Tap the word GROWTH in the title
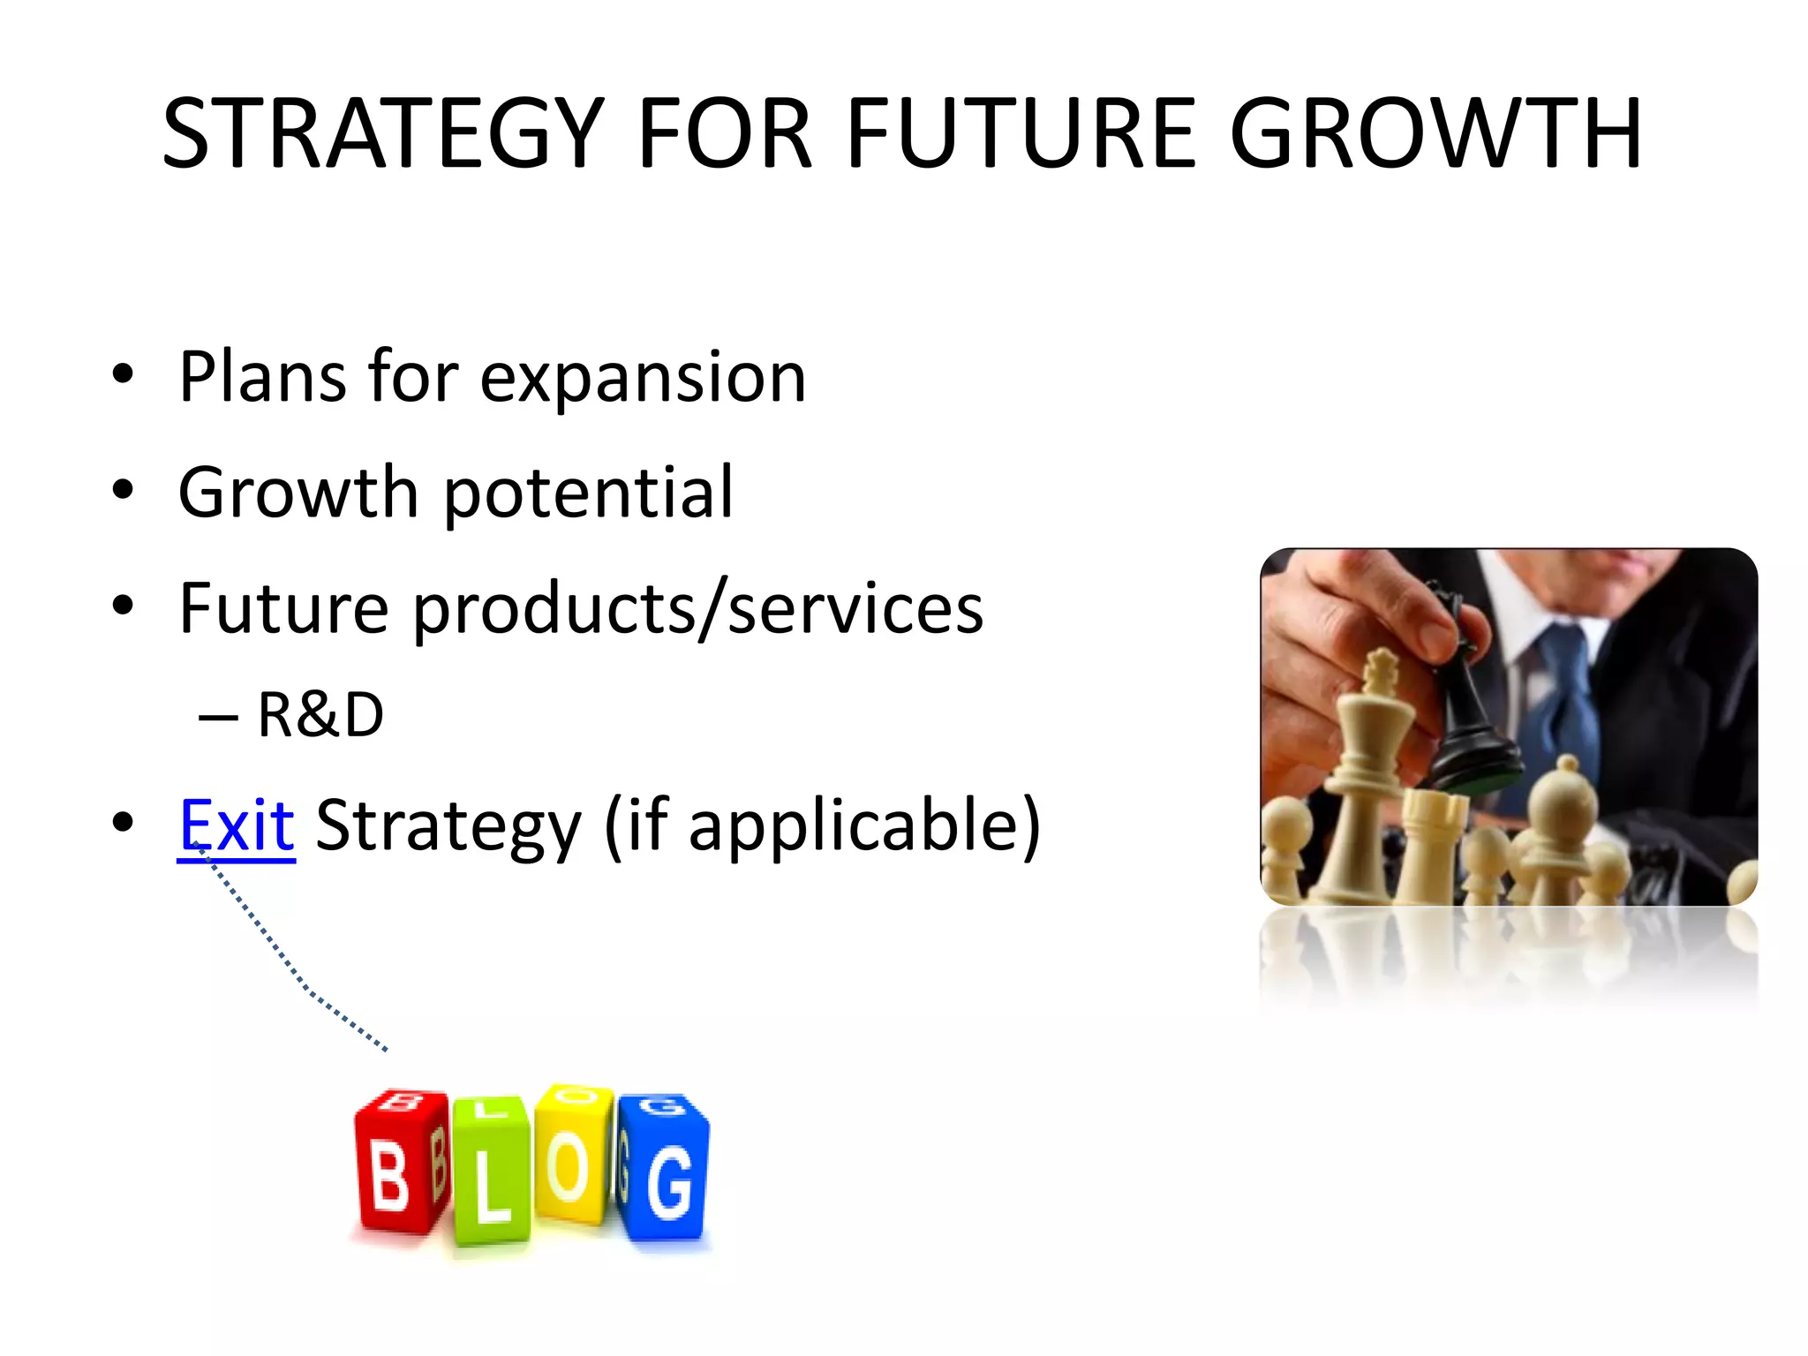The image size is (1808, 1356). [1435, 134]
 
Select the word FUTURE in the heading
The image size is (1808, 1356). [1021, 134]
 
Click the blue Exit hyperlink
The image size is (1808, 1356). [237, 825]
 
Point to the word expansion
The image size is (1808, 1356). [643, 378]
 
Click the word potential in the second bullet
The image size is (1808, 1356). [587, 493]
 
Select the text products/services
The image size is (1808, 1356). [697, 609]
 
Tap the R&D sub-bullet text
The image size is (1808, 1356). [320, 715]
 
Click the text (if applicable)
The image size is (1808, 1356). [823, 825]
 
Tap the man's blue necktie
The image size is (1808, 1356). [1573, 697]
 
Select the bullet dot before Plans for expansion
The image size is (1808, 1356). [124, 375]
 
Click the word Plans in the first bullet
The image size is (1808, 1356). [261, 378]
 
